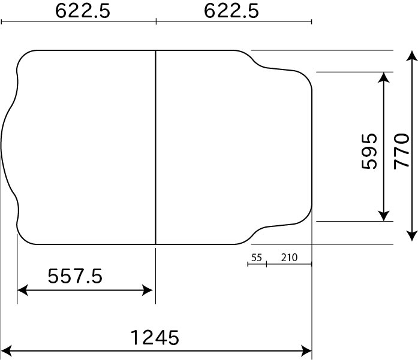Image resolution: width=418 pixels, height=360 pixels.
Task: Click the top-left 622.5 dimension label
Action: [83, 11]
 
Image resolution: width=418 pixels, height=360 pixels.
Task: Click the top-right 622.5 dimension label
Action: [231, 11]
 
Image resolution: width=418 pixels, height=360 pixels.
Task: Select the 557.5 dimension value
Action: [75, 276]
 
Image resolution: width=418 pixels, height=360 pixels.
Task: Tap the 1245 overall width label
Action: [155, 338]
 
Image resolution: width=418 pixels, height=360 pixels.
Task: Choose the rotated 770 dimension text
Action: [401, 151]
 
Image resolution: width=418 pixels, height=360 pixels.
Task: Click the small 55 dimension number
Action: [257, 258]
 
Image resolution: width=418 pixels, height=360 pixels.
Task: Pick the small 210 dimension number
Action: [289, 258]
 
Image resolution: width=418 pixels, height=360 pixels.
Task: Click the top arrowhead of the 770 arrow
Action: [411, 56]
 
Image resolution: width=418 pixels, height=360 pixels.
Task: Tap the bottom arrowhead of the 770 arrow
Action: [411, 235]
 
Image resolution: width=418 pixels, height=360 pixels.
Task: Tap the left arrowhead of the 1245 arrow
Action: [7, 349]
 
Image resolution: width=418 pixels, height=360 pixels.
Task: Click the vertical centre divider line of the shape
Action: [155, 147]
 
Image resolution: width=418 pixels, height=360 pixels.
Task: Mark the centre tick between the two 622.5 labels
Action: [156, 22]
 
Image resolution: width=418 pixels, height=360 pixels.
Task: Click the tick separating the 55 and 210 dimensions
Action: [266, 264]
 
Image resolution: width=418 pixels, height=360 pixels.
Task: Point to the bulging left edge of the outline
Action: [2, 147]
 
